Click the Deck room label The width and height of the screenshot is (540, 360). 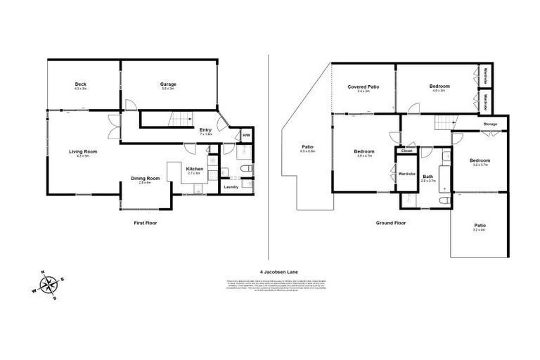(79, 84)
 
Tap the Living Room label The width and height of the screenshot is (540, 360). (82, 152)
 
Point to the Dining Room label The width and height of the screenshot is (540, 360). (146, 179)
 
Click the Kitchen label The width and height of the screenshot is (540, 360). (195, 169)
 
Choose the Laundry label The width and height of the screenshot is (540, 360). (230, 187)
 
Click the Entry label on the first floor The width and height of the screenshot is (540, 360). (205, 130)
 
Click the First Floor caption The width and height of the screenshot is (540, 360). (146, 223)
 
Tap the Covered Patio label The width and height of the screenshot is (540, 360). (363, 86)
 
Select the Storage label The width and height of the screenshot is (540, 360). (490, 124)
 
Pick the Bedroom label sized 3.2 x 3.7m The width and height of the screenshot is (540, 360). (480, 161)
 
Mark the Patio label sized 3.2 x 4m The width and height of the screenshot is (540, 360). (480, 226)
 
